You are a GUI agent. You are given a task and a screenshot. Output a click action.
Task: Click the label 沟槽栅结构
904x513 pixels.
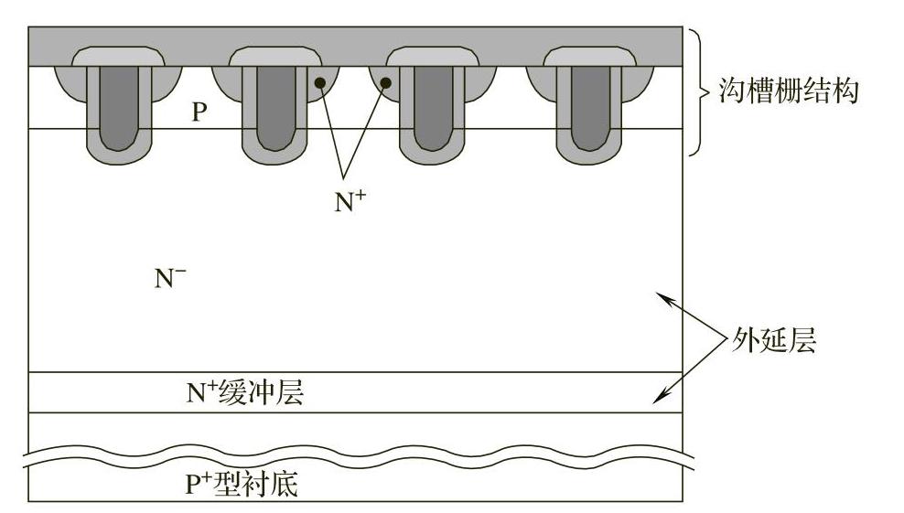coord(790,91)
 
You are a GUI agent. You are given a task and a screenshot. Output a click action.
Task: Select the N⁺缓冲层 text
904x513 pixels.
coord(244,393)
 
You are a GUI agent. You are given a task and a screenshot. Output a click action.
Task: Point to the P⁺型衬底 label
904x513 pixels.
coord(242,484)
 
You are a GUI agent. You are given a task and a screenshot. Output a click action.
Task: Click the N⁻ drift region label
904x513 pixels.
coord(170,279)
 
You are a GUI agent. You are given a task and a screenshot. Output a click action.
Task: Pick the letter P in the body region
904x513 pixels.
coord(199,112)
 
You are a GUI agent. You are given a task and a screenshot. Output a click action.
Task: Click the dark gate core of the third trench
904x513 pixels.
coord(426,105)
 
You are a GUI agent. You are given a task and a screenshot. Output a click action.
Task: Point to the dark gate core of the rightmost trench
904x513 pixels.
coord(584,105)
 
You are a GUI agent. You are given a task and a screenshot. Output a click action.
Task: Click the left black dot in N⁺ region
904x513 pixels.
coord(320,83)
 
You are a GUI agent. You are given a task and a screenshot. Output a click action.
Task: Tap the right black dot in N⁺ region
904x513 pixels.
coord(386,83)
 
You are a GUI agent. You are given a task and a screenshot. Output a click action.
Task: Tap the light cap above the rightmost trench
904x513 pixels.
coord(584,57)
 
